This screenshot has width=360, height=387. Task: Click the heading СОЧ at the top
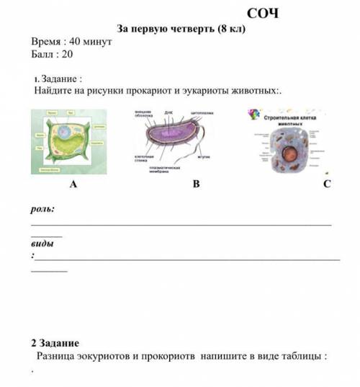[x=262, y=13]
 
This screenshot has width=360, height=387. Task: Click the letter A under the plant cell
[x=72, y=184]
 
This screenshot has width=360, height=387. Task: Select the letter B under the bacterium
[x=194, y=184]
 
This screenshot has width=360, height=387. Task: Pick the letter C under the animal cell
[x=326, y=184]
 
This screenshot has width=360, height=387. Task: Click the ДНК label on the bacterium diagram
[x=168, y=113]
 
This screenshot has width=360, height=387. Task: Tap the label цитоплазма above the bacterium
[x=203, y=113]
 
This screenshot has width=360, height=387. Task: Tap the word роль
[x=42, y=209]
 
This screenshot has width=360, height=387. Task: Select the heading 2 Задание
[x=55, y=343]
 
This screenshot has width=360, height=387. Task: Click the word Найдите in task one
[x=54, y=92]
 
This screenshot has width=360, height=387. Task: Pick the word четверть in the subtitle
[x=195, y=29]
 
